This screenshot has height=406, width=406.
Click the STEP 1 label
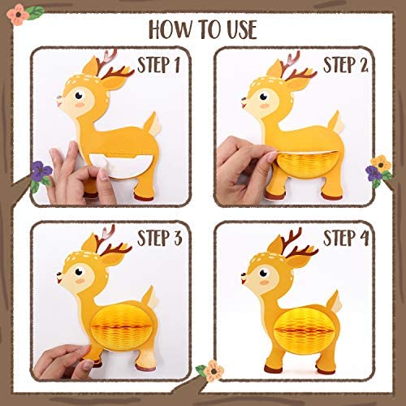pyautogui.click(x=158, y=65)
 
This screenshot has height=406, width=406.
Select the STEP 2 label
pyautogui.click(x=345, y=65)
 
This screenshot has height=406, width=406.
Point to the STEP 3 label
pyautogui.click(x=159, y=238)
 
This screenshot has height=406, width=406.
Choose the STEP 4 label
pyautogui.click(x=346, y=238)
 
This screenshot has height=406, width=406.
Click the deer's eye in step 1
pyautogui.click(x=79, y=95)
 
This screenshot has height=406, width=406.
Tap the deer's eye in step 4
pyautogui.click(x=263, y=273)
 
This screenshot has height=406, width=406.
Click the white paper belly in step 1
pyautogui.click(x=119, y=165)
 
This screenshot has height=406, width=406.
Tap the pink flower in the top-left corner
pyautogui.click(x=18, y=15)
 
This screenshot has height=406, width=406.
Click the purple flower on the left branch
pyautogui.click(x=41, y=171)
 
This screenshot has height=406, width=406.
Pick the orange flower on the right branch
pyautogui.click(x=381, y=162)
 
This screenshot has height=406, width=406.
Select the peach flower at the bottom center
pyautogui.click(x=214, y=370)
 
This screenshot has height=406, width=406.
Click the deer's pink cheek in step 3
pyautogui.click(x=80, y=281)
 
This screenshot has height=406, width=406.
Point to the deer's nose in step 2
pyautogui.click(x=244, y=100)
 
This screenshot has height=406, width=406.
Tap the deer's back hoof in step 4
pyautogui.click(x=326, y=371)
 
